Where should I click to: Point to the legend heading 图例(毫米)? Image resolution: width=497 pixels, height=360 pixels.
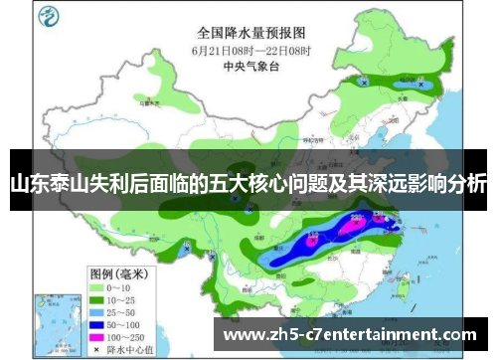coord(118,272)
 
